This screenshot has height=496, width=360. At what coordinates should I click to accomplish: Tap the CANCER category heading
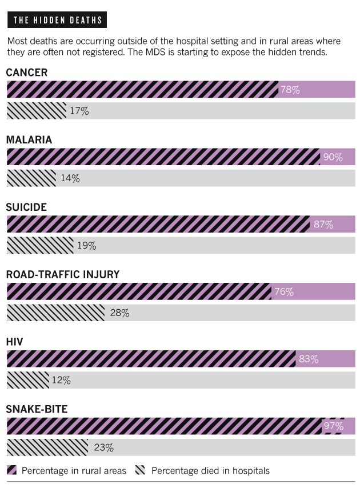tap(26, 73)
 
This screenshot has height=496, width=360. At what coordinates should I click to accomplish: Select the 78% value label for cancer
tap(290, 90)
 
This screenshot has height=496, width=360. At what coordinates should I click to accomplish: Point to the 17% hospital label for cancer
tap(79, 111)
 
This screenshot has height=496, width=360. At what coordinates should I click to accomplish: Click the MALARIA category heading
tap(29, 140)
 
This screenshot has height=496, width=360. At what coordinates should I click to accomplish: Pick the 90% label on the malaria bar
tap(332, 157)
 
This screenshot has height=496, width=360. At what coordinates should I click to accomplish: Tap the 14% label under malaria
tap(70, 178)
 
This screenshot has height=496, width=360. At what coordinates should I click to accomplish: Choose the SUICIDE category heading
tap(26, 207)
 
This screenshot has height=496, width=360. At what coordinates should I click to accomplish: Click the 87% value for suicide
tap(323, 224)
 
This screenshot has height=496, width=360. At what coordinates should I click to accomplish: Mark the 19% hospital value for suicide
tap(86, 246)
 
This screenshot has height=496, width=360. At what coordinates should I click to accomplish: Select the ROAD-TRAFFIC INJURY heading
tap(63, 274)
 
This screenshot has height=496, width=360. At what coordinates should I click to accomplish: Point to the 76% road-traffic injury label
tap(283, 291)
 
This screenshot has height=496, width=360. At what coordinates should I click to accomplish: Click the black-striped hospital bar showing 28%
tap(55, 313)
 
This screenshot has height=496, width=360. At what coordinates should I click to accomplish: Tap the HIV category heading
tap(14, 342)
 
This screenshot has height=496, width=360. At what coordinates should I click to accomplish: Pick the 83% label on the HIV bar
tap(308, 359)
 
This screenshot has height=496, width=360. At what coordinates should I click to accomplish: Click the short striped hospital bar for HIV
tap(27, 380)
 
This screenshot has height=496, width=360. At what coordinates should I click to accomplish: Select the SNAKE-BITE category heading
tap(37, 409)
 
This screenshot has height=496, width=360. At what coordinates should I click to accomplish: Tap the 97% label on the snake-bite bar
tap(333, 426)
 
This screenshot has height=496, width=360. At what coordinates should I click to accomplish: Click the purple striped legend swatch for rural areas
tap(11, 471)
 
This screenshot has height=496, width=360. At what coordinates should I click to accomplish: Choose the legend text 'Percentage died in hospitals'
tap(210, 471)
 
